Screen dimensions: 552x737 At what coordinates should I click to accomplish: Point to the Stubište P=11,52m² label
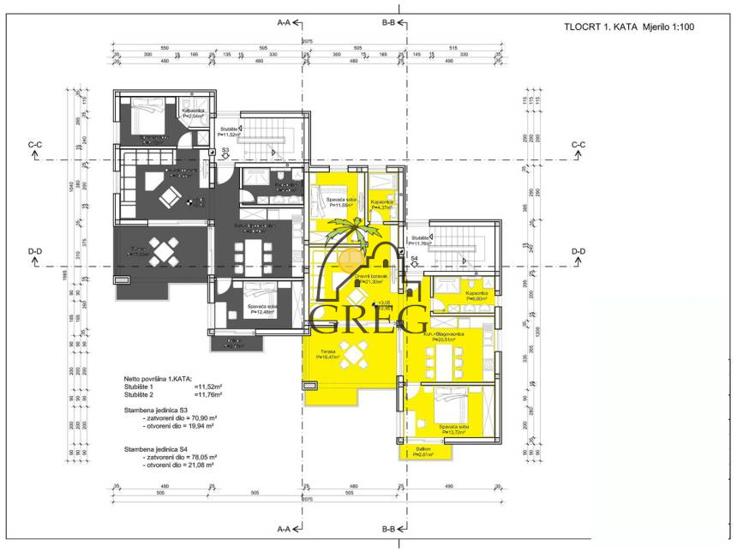[228, 132]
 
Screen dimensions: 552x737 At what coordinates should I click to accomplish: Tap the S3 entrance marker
[225, 151]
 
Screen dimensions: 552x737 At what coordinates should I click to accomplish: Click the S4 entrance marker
[413, 258]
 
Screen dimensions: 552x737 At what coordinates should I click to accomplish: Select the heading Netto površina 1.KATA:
[158, 378]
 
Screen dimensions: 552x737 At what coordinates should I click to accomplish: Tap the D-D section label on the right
[578, 251]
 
